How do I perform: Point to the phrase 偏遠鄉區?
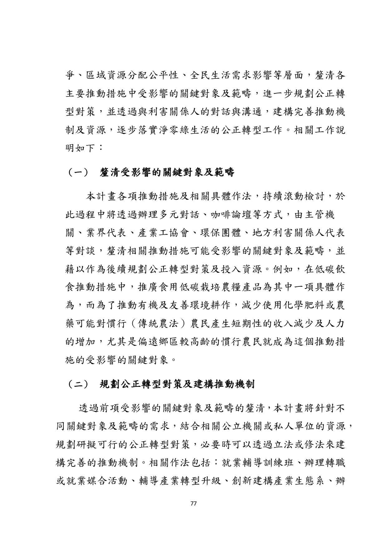pos(159,342)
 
